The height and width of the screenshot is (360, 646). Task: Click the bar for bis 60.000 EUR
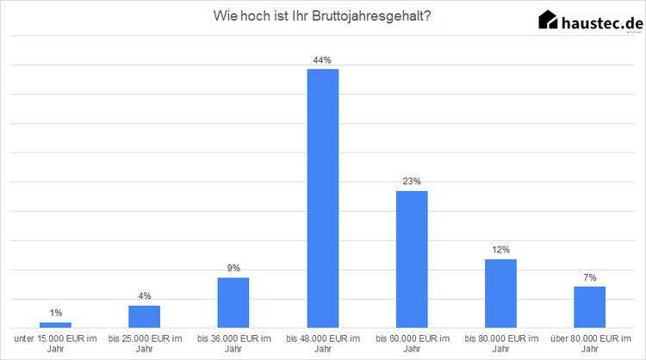click(412, 258)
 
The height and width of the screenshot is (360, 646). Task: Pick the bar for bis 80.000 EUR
click(500, 293)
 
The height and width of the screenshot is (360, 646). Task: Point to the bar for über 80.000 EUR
click(589, 307)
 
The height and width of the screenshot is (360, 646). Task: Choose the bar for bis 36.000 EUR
click(233, 302)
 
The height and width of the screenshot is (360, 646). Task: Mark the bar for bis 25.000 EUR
click(145, 316)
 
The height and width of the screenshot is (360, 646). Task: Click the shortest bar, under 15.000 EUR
click(56, 325)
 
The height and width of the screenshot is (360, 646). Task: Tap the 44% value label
click(323, 60)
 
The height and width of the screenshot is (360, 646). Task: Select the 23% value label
click(412, 182)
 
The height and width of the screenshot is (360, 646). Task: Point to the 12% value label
click(500, 250)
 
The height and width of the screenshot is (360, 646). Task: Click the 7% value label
click(589, 277)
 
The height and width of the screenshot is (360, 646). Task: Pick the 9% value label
click(233, 268)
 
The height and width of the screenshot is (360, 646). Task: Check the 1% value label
click(56, 313)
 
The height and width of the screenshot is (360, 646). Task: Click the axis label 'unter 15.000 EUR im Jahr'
click(56, 343)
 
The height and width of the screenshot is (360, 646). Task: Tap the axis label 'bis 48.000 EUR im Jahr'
click(323, 343)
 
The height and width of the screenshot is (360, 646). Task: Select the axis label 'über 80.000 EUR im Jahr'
click(589, 343)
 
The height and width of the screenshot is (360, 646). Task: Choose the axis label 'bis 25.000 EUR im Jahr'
click(145, 343)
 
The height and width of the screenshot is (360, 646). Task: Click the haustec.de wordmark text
click(601, 22)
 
